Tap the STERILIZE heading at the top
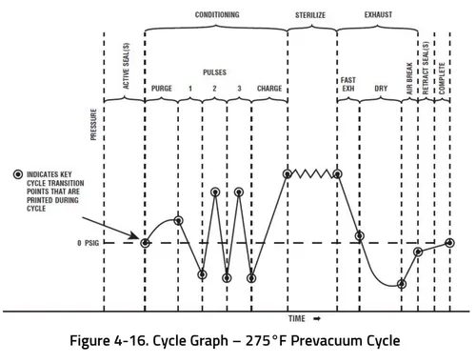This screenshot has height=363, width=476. pos(311,15)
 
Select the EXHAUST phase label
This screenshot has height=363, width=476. pos(378,15)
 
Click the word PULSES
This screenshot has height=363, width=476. pos(214,71)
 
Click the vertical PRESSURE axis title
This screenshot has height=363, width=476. pos(93,124)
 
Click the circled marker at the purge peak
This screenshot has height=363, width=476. pos(178,221)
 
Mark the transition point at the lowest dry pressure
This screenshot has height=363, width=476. pos(402,283)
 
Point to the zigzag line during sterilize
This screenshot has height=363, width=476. pos(312,173)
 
